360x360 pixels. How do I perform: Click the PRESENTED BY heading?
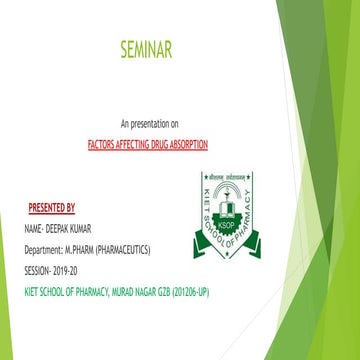[x=51, y=208]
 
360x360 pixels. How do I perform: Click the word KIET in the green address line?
[x=31, y=291]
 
